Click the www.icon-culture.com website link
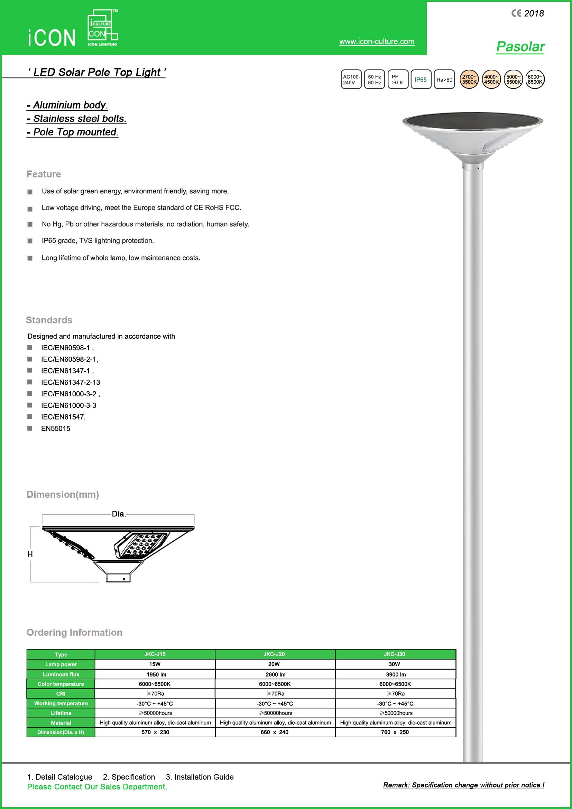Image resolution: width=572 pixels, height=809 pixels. click(x=377, y=42)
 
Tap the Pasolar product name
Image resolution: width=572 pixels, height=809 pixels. click(x=520, y=47)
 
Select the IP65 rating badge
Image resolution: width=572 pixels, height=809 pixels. click(x=421, y=79)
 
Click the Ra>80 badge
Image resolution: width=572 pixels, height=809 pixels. click(x=444, y=80)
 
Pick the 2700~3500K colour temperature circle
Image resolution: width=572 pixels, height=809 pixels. click(x=469, y=79)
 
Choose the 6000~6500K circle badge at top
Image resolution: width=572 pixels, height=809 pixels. click(x=535, y=79)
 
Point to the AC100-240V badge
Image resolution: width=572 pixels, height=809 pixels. click(x=351, y=79)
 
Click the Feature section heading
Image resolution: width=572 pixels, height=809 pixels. click(x=44, y=174)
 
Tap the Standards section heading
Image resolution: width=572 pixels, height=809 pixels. click(x=49, y=320)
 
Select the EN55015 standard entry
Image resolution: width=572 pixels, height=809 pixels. click(x=56, y=429)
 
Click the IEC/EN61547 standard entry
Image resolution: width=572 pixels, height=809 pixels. click(x=63, y=417)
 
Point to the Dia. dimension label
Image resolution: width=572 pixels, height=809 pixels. click(x=119, y=514)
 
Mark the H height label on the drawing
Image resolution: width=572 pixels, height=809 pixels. click(x=30, y=554)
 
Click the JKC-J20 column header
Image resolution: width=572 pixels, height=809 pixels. click(x=274, y=654)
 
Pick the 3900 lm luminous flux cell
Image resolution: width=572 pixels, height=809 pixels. click(x=396, y=674)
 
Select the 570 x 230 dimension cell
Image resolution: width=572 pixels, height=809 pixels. click(x=155, y=732)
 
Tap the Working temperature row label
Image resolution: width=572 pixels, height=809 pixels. click(x=61, y=703)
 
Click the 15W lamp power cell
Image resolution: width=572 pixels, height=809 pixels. click(x=155, y=664)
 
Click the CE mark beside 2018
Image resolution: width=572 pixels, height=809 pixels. click(x=516, y=13)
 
